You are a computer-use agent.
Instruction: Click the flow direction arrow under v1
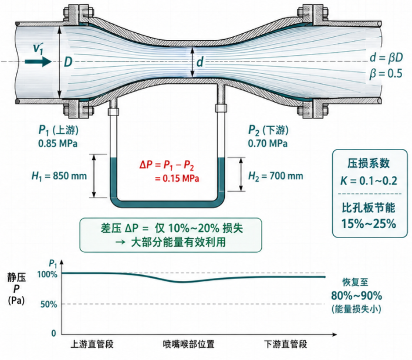(x=38, y=62)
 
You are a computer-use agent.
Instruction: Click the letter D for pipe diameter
(x=68, y=62)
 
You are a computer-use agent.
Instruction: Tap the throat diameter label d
(x=200, y=62)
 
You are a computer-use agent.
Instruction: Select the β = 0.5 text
(x=386, y=73)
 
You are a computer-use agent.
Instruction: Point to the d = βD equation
(x=386, y=58)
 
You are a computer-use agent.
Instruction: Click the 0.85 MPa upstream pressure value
(x=58, y=144)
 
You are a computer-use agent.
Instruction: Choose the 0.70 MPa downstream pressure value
(x=268, y=144)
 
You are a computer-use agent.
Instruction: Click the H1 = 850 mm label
(x=59, y=176)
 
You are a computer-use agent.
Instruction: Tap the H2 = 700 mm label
(x=276, y=176)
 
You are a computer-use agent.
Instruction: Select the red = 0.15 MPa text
(x=177, y=179)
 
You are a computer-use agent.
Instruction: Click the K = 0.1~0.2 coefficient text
(x=369, y=181)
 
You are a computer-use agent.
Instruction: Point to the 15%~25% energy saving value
(x=369, y=224)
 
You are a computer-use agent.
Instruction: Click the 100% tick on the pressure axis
(x=48, y=274)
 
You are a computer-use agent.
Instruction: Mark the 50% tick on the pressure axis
(x=49, y=304)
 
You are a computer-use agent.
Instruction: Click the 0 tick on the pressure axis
(x=54, y=334)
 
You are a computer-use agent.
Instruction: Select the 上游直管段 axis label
(x=92, y=344)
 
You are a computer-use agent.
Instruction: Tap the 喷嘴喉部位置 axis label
(x=188, y=344)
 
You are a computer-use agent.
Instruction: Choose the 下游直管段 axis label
(x=286, y=344)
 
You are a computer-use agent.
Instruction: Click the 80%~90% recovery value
(x=357, y=296)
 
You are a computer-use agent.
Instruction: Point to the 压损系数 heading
(x=369, y=164)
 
